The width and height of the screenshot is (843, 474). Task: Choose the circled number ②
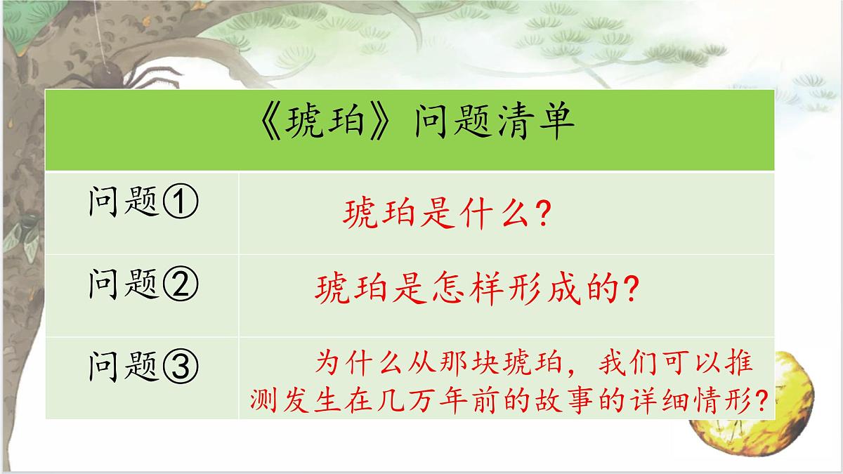[x=182, y=284]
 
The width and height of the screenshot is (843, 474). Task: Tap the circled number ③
[x=182, y=365]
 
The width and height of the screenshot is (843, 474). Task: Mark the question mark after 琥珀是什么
[x=540, y=213]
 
